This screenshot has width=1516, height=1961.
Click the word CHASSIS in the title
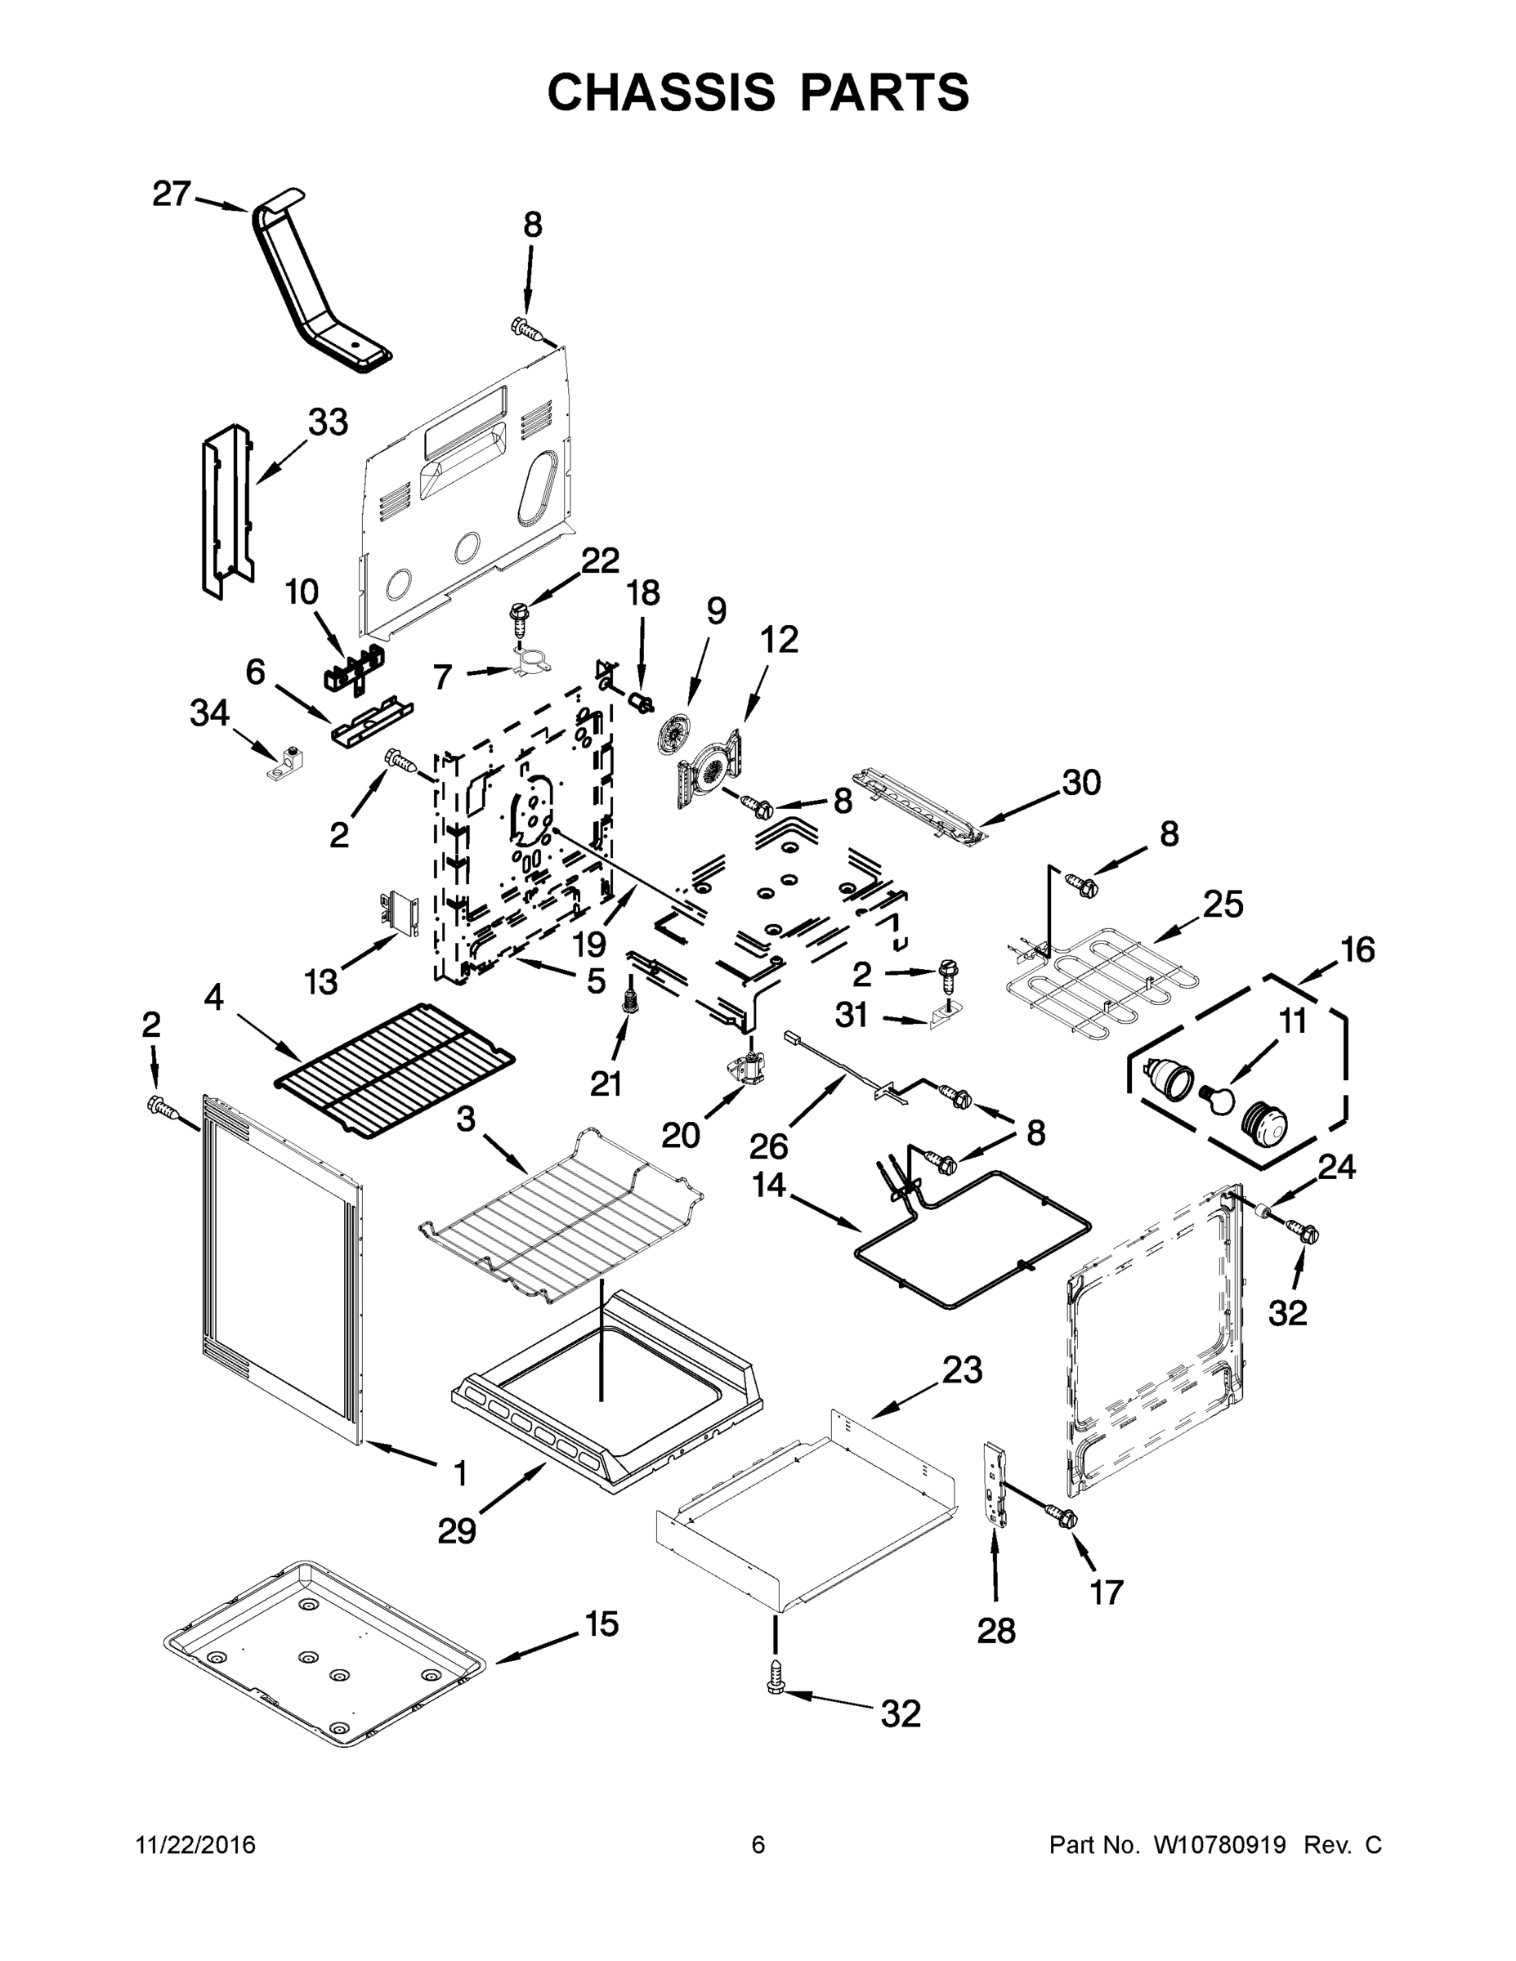pos(660,92)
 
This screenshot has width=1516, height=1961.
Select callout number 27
pos(172,193)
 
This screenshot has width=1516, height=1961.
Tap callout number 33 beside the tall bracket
pos(328,421)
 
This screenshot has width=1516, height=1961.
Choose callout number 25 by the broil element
pos(1223,905)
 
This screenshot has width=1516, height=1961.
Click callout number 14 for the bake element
pos(769,1186)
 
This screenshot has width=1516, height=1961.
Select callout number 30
pos(1081,782)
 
